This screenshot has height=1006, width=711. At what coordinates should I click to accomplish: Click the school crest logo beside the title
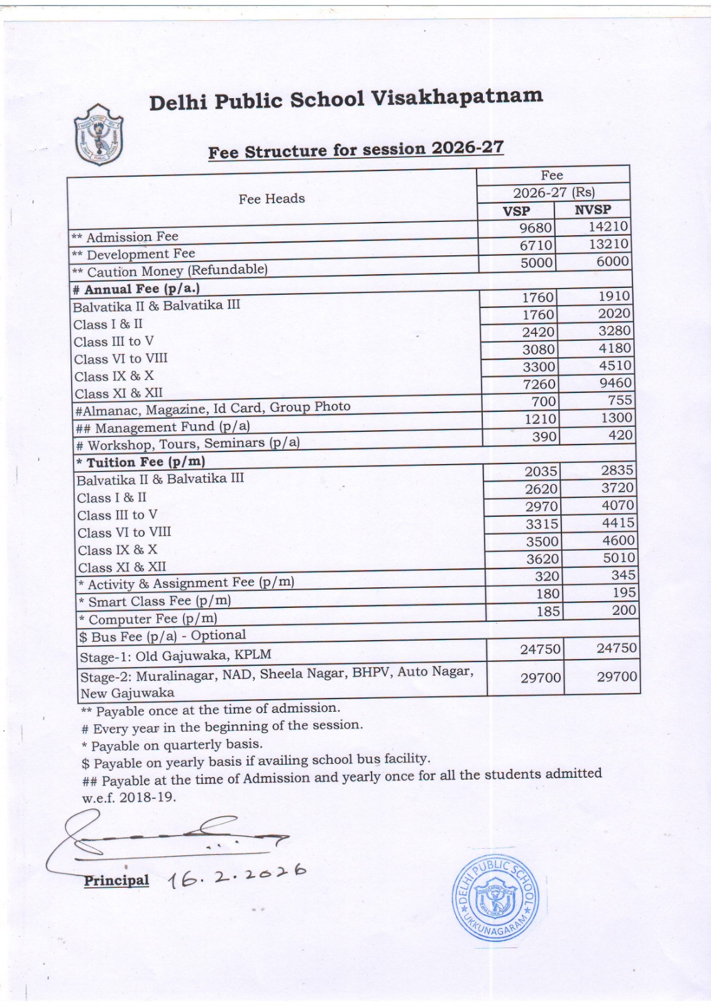pos(98,135)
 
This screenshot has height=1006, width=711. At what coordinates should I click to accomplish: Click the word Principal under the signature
pos(116,880)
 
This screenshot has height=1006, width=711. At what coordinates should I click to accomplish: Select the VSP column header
pos(516,211)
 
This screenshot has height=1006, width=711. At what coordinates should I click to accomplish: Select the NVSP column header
pos(592,209)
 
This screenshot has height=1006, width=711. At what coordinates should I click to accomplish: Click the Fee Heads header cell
pos(272,199)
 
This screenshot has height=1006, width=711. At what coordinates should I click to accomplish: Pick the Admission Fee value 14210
pos(608,226)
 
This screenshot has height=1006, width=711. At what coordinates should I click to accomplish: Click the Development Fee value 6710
pos(536,245)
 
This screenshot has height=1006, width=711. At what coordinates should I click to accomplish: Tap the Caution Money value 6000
pos(612,261)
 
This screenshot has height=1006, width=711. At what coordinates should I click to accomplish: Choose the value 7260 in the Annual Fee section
pos(539,384)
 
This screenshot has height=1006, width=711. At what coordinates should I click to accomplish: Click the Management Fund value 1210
pos(540,419)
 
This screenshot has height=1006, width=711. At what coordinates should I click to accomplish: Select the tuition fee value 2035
pos(541,472)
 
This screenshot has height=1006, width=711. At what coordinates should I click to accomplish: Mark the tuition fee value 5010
pos(619,558)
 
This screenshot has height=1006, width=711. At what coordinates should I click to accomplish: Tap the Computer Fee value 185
pos(548,611)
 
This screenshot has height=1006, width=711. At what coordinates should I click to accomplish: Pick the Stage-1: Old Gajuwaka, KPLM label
pos(175,656)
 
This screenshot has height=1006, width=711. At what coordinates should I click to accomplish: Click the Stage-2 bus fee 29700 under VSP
pos(541,678)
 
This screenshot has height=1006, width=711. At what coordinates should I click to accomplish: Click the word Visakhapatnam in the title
pos(457,97)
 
